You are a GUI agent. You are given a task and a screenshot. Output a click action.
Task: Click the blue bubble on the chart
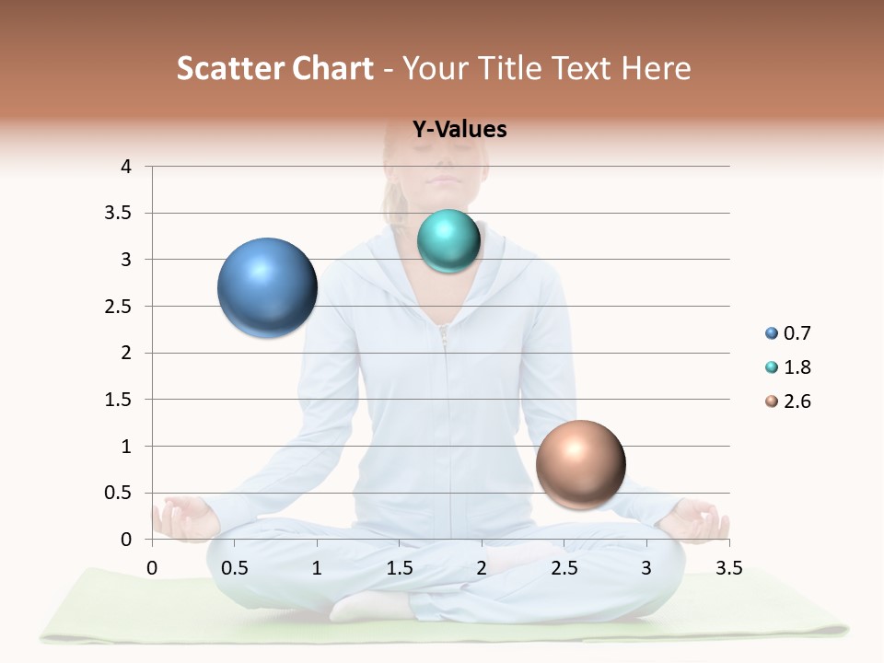click(x=267, y=287)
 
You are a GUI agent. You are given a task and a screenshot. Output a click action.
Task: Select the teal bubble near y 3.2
click(x=448, y=241)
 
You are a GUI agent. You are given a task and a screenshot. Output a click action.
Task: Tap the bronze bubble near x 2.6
click(x=580, y=464)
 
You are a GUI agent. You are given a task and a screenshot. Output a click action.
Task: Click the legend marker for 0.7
click(x=771, y=333)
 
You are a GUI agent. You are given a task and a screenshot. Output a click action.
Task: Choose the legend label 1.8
click(x=797, y=367)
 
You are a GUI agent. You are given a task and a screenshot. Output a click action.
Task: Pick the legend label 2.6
click(x=797, y=401)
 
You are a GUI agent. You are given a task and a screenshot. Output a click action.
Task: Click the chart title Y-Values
click(x=459, y=130)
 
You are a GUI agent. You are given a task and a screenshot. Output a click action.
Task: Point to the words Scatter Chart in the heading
click(x=274, y=68)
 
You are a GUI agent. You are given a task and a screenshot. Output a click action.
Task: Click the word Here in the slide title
click(x=656, y=68)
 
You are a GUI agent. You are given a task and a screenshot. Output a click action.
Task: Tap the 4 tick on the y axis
click(x=127, y=167)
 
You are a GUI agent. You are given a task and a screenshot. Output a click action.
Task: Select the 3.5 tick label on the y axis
click(x=120, y=213)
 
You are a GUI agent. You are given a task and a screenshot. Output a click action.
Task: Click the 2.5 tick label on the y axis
click(x=120, y=306)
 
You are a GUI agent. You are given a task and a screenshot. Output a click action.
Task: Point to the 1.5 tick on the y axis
click(x=120, y=400)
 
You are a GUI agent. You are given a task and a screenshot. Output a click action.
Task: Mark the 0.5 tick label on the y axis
click(x=120, y=493)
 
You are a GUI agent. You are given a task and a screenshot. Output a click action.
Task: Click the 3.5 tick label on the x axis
click(x=728, y=568)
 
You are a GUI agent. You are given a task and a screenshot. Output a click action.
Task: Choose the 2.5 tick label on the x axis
click(x=564, y=568)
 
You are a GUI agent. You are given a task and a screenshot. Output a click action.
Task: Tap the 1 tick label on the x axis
click(x=317, y=568)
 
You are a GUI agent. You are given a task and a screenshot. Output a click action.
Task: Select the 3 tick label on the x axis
click(x=646, y=568)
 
